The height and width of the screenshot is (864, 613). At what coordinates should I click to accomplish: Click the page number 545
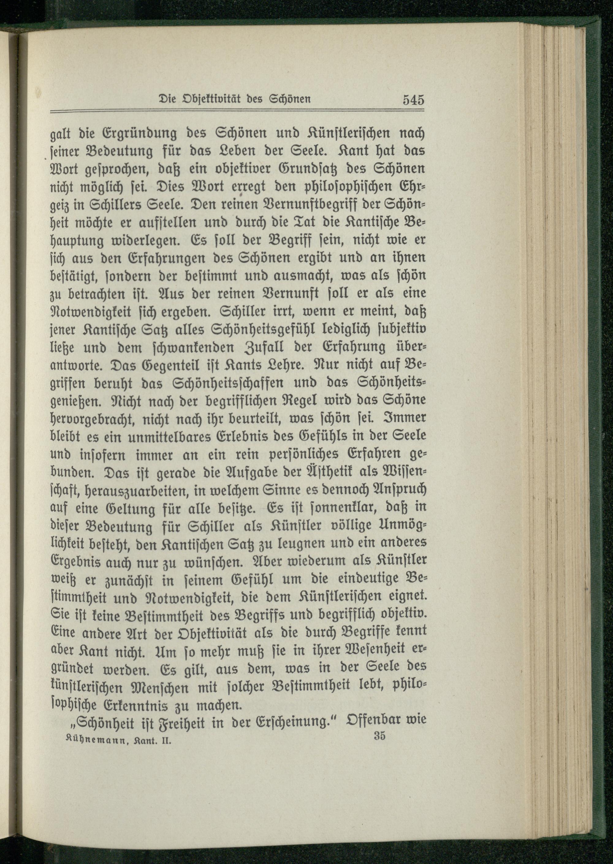pyautogui.click(x=413, y=101)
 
